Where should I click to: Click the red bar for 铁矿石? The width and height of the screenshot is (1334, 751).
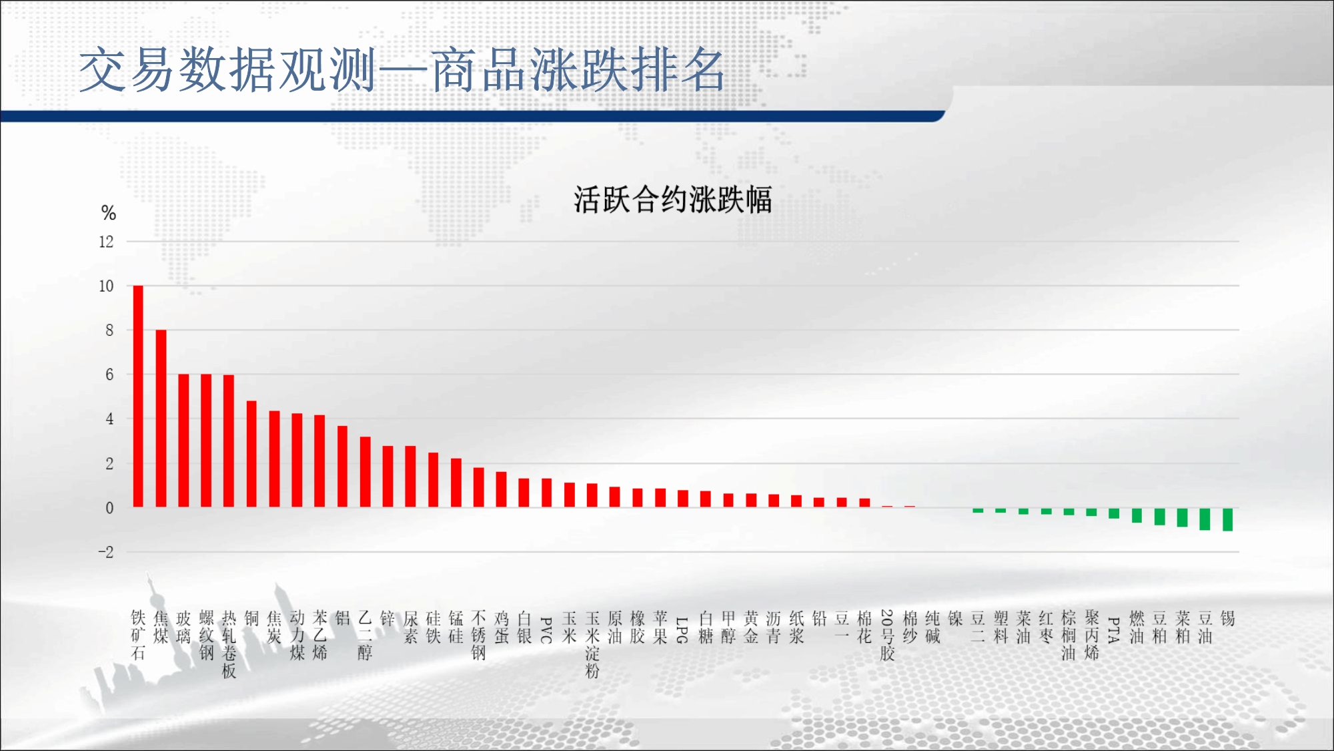[138, 397]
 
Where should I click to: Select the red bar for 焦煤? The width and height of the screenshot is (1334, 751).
[161, 419]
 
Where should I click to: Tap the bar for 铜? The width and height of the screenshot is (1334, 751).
[251, 454]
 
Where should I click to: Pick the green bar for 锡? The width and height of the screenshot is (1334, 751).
[1227, 519]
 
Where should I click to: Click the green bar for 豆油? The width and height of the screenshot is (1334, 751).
[1205, 519]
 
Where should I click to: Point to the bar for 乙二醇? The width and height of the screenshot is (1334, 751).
[365, 472]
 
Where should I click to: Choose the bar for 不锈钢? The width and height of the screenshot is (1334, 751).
[478, 487]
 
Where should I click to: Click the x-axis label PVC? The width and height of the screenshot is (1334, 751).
[546, 630]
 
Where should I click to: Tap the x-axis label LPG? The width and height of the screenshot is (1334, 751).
[682, 630]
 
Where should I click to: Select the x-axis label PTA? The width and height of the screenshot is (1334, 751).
[1113, 630]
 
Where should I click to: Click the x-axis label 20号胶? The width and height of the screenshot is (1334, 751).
[887, 635]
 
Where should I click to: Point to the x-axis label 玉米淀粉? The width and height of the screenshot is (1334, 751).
[592, 644]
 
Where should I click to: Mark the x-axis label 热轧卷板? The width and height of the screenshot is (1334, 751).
[229, 644]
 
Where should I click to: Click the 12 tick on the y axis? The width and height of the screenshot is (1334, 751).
[106, 242]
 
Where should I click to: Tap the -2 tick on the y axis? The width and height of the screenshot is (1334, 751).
[106, 552]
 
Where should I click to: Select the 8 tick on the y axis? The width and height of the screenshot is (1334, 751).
[109, 330]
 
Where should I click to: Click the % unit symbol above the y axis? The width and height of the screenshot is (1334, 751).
[109, 213]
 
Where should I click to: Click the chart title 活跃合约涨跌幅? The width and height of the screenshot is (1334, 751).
[673, 200]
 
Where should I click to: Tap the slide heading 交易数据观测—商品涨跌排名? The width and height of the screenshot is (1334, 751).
[402, 70]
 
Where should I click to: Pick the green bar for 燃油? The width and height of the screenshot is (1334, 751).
[1137, 515]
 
